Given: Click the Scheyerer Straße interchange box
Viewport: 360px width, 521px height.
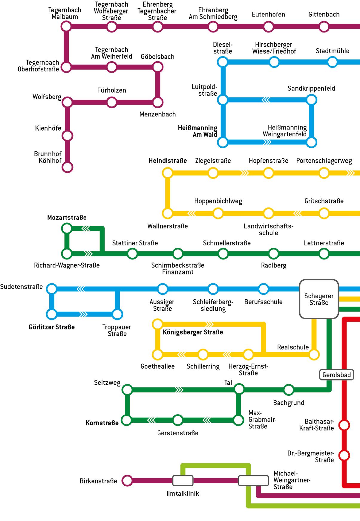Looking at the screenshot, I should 319,299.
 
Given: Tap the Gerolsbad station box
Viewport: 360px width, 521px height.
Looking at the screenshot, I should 336,375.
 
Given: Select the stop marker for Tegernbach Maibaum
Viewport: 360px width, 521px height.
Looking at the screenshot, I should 66,27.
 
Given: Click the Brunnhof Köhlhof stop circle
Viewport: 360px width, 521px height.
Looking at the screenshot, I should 68,167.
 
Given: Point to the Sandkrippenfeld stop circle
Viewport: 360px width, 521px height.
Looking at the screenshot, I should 311,100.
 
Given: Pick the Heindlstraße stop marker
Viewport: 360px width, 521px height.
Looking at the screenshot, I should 168,173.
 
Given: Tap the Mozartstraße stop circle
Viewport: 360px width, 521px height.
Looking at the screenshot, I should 67,229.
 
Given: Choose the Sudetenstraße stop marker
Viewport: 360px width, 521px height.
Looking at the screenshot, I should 52,289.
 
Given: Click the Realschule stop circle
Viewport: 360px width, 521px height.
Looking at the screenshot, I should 314,355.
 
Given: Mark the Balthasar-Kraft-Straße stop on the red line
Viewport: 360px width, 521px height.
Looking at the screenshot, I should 344,425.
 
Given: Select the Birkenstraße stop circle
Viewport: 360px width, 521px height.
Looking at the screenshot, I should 128,481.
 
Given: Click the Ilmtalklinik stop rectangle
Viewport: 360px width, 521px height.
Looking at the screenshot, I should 183,481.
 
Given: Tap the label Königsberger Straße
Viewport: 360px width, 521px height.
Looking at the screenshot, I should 193,332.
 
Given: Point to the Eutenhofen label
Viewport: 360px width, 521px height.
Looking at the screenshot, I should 268,14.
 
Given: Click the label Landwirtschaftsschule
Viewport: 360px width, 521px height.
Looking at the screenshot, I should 268,229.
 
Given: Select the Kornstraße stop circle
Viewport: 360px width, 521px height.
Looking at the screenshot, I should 127,420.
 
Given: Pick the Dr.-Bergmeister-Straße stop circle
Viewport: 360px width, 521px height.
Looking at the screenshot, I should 344,456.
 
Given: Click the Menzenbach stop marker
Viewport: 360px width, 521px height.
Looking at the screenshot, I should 158,102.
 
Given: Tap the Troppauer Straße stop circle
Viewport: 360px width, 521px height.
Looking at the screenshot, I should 117,314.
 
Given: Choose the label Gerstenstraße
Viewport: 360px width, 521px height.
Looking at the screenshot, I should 178,433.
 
